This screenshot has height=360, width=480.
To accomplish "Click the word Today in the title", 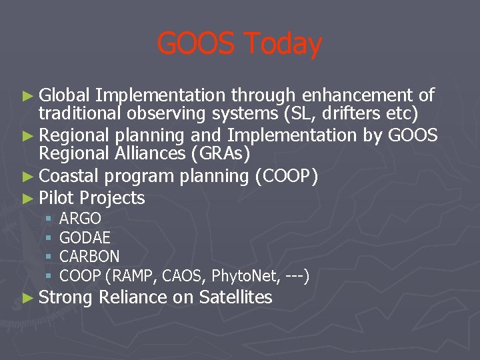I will click(283, 45).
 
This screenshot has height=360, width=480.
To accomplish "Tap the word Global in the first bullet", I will click(65, 95).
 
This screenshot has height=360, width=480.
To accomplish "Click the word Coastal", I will click(70, 176).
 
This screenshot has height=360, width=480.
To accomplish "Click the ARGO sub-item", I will click(81, 218).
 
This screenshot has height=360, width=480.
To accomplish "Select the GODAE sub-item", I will click(85, 237).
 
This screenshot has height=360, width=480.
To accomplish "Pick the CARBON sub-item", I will click(90, 256).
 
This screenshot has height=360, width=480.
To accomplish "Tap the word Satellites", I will click(235, 297).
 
